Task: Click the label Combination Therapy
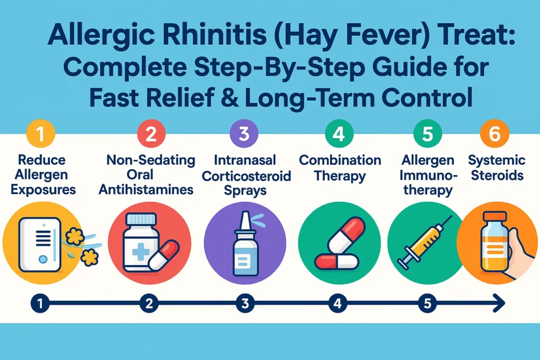(340, 168)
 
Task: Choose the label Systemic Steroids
(496, 168)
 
